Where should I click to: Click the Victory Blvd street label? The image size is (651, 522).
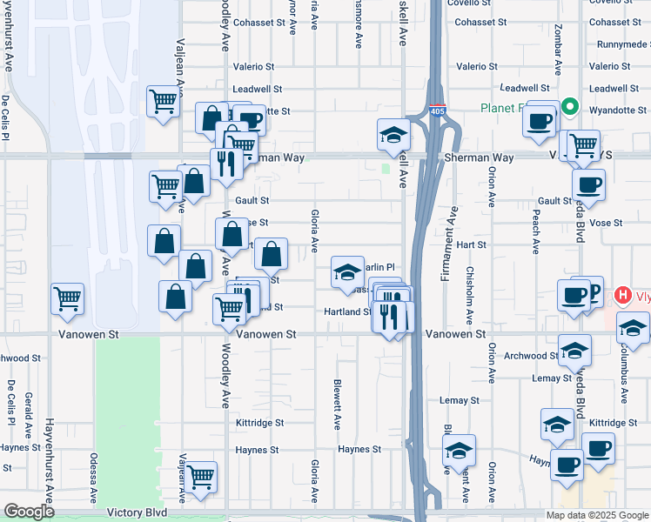136,513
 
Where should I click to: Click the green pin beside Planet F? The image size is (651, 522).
570,107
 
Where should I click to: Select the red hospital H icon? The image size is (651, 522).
621,296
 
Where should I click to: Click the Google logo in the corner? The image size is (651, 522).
29,512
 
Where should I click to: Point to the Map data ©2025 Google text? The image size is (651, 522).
596,515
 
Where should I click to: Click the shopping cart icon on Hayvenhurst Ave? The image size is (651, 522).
67,299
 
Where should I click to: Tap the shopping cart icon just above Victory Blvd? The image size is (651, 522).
201,477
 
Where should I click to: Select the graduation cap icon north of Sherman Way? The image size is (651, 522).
393,135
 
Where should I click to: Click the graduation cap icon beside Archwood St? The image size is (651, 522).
574,350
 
